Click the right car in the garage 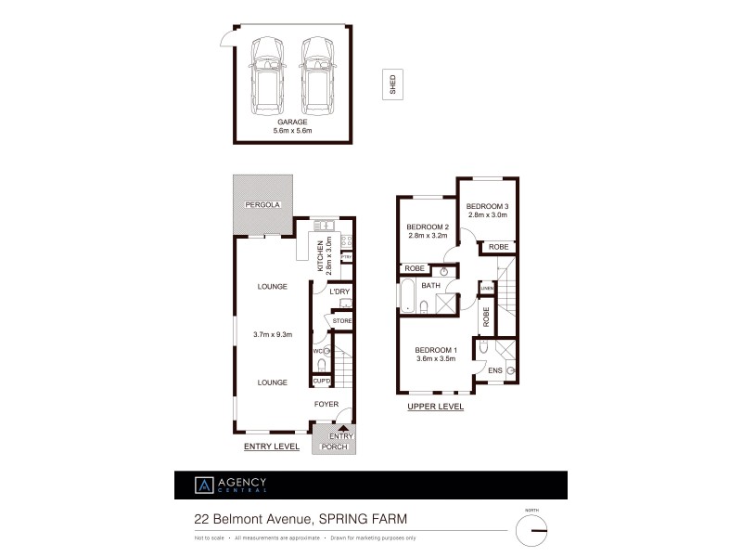pos(316,73)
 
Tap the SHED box pos(391,84)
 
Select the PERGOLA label pos(262,204)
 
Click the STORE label pos(342,321)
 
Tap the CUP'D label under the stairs pos(323,382)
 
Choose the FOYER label pos(326,404)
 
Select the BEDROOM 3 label pos(487,206)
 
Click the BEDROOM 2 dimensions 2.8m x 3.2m pos(428,236)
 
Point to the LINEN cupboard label pos(486,289)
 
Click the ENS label pos(494,370)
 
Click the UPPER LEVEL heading pos(435,407)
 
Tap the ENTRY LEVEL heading pos(271,447)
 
